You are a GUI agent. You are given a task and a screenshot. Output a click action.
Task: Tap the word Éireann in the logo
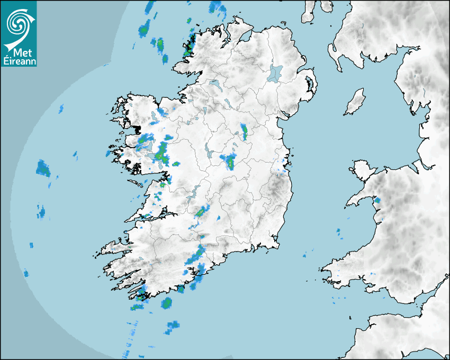(19, 62)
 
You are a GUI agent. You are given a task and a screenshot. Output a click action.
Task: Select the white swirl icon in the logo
(19, 24)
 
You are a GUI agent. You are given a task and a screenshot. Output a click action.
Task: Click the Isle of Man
(355, 102)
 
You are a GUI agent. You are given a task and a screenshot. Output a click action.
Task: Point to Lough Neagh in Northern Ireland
(275, 73)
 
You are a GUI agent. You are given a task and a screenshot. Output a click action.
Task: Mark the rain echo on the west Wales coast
(377, 201)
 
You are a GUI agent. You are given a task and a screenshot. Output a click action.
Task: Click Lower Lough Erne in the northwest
(215, 84)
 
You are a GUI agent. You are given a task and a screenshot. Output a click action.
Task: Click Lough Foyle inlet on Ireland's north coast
(245, 38)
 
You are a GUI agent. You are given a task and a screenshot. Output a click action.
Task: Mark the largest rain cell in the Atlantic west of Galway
(43, 168)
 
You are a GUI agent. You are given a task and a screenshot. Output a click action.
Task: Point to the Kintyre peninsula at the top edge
(309, 11)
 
